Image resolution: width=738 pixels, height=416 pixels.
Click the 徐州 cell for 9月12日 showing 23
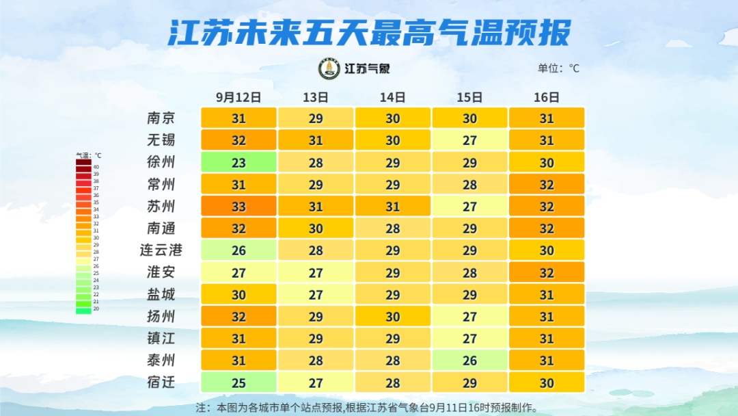[x=238, y=162]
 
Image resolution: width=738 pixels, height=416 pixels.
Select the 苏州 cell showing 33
[x=238, y=206]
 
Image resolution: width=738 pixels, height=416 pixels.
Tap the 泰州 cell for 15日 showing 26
[x=469, y=360]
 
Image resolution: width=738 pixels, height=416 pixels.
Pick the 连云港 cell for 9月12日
[x=238, y=250]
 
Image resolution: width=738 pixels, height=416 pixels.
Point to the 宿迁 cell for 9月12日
[x=238, y=382]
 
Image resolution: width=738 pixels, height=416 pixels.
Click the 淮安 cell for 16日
[x=547, y=272]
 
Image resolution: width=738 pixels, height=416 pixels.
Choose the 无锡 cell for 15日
[x=469, y=140]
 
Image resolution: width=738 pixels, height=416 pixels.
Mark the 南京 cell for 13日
[x=316, y=118]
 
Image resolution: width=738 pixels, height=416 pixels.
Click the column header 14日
[x=393, y=97]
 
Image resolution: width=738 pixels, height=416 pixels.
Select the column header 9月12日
[x=238, y=97]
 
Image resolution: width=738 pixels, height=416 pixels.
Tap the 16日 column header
[x=547, y=97]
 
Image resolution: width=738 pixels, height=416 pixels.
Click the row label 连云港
[x=161, y=250]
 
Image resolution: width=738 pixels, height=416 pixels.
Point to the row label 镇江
[x=161, y=338]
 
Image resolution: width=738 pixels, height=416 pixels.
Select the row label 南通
[x=161, y=228]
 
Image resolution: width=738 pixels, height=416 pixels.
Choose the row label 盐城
[x=161, y=294]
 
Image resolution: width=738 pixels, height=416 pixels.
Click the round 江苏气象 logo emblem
[x=329, y=68]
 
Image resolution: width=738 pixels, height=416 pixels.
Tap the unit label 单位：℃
[x=558, y=68]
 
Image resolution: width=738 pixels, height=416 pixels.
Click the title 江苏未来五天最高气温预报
[x=369, y=32]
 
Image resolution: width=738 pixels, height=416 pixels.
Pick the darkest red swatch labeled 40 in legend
[x=83, y=166]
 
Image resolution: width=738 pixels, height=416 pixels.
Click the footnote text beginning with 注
[x=367, y=407]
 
